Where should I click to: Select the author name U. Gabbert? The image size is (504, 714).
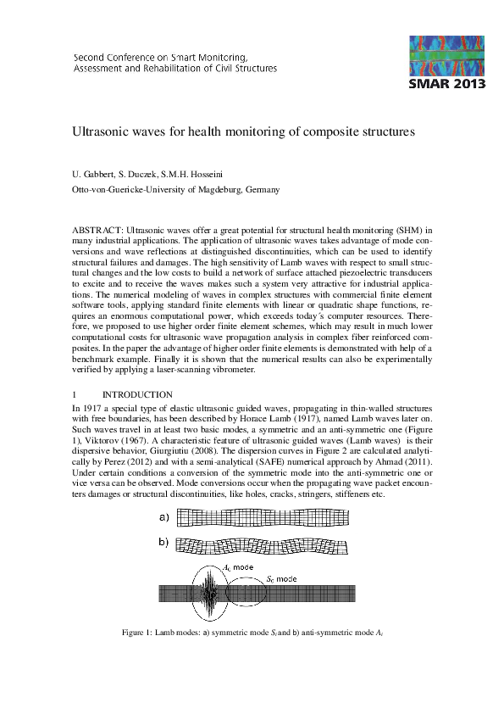coord(95,175)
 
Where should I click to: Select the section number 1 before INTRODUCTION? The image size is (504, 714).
coord(75,394)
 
